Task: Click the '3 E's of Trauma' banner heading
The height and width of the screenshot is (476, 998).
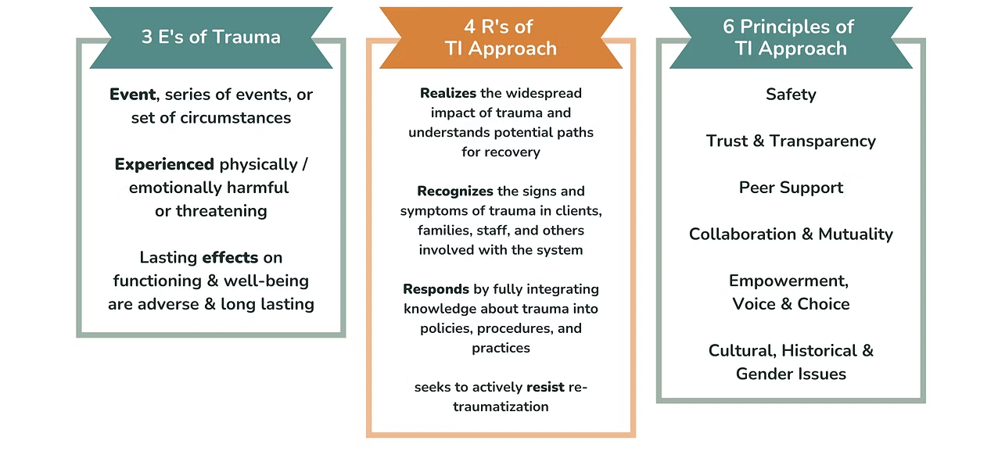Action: pos(211,37)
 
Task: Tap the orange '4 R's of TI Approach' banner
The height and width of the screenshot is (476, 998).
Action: pos(501,38)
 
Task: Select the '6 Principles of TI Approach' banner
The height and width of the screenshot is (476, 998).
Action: pos(791,38)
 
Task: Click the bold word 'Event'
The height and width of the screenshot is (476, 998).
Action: pos(132,95)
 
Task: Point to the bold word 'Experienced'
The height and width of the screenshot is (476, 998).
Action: pos(164,165)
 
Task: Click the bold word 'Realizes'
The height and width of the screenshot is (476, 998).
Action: pos(448,93)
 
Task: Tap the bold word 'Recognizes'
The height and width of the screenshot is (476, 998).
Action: pos(455,191)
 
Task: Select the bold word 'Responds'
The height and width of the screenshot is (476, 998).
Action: pos(436,289)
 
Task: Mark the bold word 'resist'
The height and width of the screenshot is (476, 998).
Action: pos(545,387)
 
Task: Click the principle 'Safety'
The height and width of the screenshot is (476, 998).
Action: pos(791,95)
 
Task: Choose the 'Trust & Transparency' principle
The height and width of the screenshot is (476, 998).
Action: pos(791,141)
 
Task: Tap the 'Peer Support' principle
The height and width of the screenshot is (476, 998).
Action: pos(791,188)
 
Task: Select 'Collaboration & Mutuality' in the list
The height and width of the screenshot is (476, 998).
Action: pos(791,234)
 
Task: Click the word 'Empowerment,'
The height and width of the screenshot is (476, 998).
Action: pos(788,281)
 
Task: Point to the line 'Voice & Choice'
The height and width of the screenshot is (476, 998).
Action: pos(791,304)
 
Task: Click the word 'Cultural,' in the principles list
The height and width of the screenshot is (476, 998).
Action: pos(742,350)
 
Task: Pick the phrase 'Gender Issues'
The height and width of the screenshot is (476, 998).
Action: pos(791,374)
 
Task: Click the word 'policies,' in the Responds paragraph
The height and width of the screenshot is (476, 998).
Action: pos(446,328)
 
